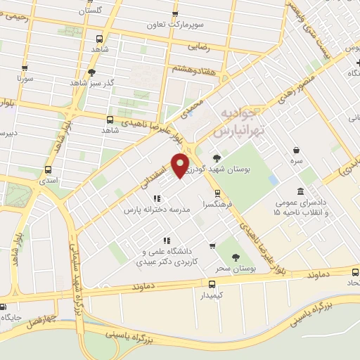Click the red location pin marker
click(x=181, y=166)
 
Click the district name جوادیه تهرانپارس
click(x=240, y=122)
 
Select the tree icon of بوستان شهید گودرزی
click(x=217, y=158)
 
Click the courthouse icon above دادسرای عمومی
click(x=301, y=191)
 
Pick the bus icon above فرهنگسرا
click(x=217, y=193)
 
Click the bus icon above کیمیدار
click(x=212, y=284)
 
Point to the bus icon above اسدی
click(x=48, y=169)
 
